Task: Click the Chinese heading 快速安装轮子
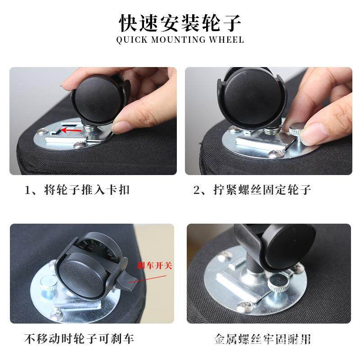click(x=180, y=22)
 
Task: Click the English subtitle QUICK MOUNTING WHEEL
click(x=180, y=40)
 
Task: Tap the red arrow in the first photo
click(x=72, y=130)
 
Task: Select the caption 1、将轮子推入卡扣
click(x=77, y=189)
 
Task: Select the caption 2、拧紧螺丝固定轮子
click(x=252, y=189)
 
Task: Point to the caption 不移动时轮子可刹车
click(x=79, y=338)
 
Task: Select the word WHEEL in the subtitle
click(x=226, y=40)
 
